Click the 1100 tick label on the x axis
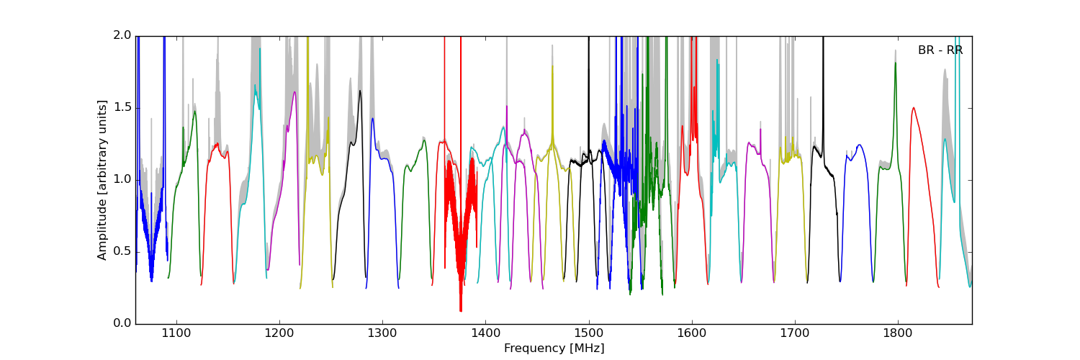176,334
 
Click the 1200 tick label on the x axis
279,334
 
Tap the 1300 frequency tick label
382,334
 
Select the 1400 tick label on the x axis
485,334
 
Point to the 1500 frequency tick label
588,334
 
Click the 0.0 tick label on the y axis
122,324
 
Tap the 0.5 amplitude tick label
122,252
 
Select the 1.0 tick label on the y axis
122,180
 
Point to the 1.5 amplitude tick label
122,108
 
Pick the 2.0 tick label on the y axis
122,36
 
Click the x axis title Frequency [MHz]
554,348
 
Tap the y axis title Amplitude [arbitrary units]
102,180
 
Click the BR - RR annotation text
940,50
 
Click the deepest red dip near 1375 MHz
461,311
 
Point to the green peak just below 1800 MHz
895,63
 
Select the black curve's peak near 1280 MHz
359,91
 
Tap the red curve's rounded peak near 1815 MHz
914,108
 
